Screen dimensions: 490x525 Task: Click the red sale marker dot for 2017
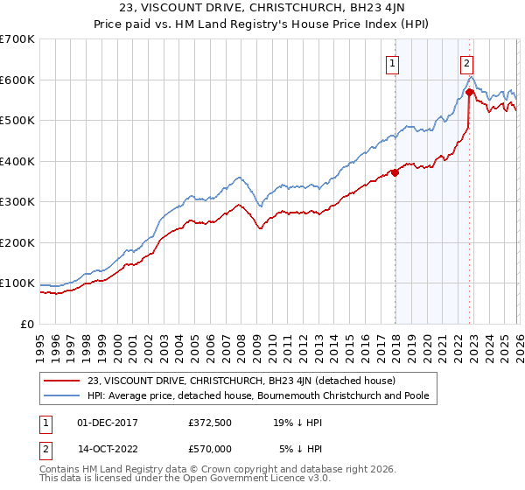(x=395, y=172)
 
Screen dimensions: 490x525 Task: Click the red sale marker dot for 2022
(x=470, y=92)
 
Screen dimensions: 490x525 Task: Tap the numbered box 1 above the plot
(x=393, y=63)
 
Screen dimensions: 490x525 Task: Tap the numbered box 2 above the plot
(x=467, y=63)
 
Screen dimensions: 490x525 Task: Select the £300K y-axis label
(x=17, y=202)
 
